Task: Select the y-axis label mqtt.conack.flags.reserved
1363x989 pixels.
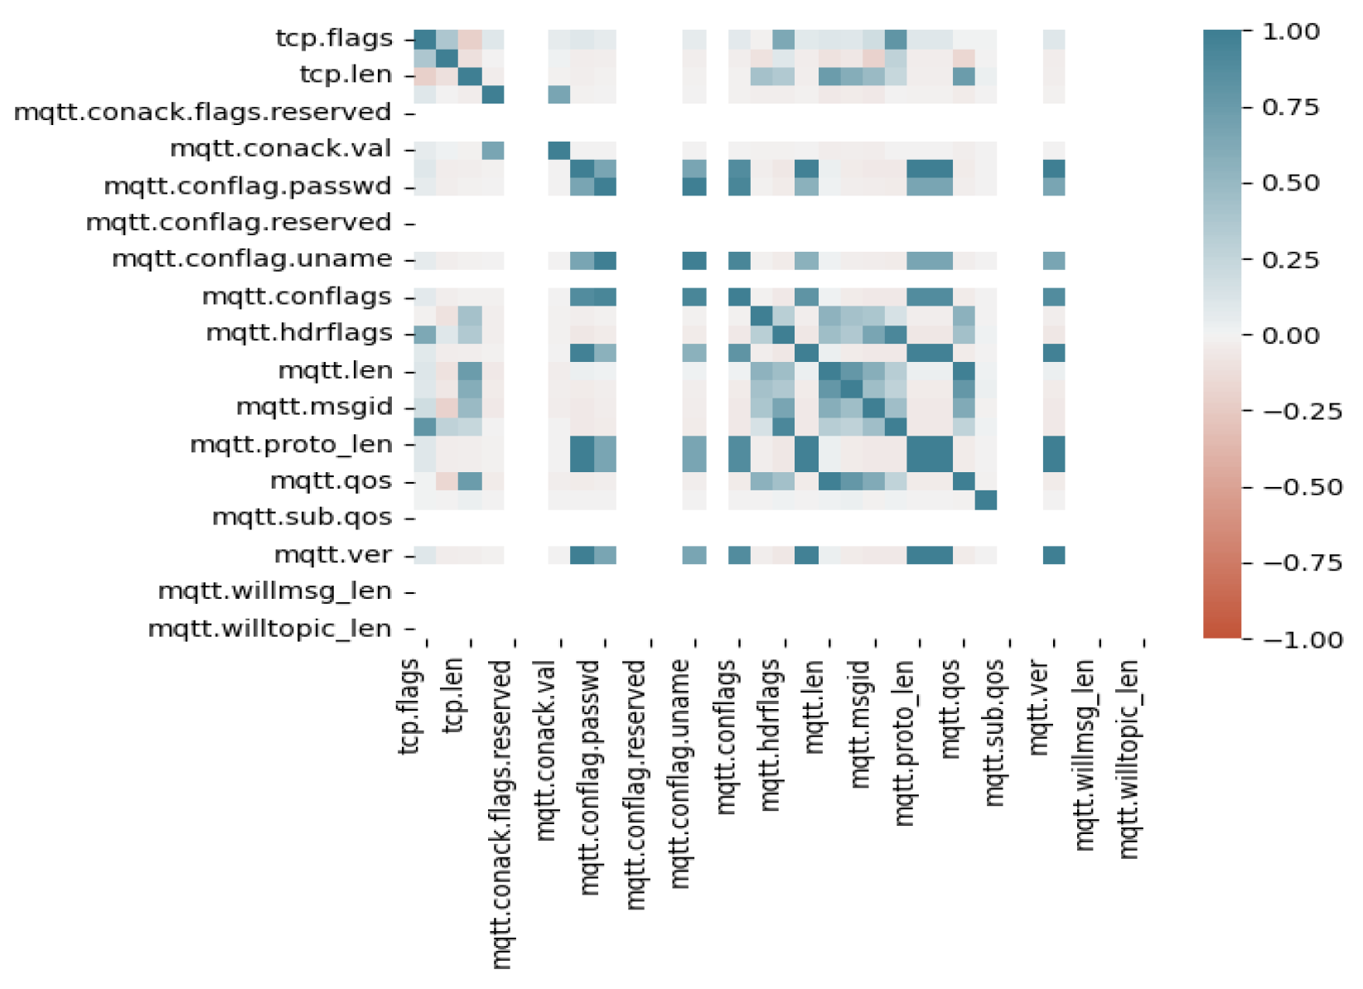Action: tap(202, 112)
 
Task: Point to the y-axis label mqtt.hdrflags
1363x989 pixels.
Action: tap(298, 333)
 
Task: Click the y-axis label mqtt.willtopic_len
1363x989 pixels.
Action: tap(269, 629)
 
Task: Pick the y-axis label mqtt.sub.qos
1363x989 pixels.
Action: tap(302, 518)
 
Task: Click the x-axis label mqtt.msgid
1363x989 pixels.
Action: tap(859, 724)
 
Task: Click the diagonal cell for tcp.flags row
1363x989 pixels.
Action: tap(425, 39)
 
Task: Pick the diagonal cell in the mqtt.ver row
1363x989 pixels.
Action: tap(1054, 555)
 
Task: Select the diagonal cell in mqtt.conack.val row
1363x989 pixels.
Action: tap(559, 150)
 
